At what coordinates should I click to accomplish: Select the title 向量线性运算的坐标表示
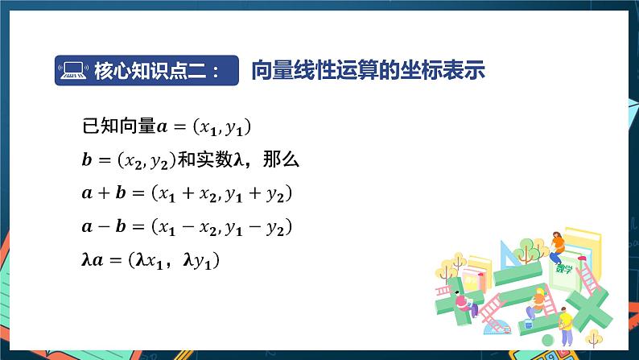(368, 70)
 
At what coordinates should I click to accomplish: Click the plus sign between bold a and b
(103, 194)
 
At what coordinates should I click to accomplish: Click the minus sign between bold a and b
(103, 228)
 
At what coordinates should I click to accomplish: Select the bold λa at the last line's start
(94, 262)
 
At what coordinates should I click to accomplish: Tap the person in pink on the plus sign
(462, 302)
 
